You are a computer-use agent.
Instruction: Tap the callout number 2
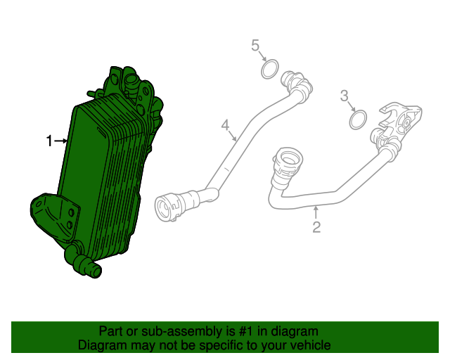316,226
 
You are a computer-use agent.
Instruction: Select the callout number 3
344,95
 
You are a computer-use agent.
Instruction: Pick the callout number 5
256,46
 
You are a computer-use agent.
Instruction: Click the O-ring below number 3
358,120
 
